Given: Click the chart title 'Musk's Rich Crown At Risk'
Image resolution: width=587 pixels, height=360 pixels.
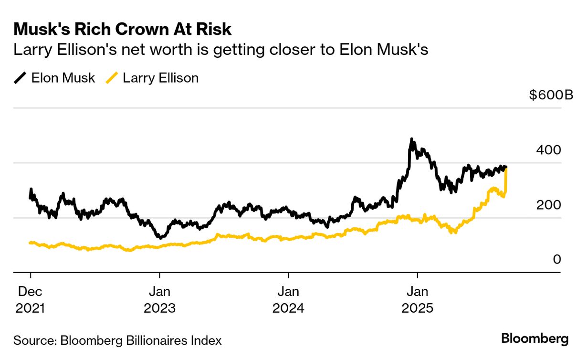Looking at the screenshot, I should point(122,30).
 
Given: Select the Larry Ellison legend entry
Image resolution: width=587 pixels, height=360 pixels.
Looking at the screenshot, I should point(160,78).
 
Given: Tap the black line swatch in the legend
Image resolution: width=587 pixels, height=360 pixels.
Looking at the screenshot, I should point(21,78).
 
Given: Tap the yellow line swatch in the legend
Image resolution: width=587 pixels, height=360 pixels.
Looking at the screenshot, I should point(112,78).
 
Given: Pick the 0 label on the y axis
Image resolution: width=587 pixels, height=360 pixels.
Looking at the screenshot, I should point(556,259).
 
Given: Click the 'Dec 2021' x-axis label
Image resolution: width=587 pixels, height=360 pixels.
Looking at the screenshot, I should point(31,299).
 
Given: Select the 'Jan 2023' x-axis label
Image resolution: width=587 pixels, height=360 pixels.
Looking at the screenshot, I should point(159,299).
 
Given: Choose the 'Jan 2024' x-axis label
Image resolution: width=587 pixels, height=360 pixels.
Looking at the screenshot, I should point(288,299).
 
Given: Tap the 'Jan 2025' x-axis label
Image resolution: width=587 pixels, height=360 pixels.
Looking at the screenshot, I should point(418,299).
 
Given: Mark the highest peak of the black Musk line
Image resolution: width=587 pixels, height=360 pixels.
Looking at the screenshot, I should point(411,140).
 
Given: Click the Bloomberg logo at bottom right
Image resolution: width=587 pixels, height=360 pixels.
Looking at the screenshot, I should point(535,339).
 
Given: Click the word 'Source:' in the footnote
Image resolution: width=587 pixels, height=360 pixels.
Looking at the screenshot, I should point(33,340).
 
